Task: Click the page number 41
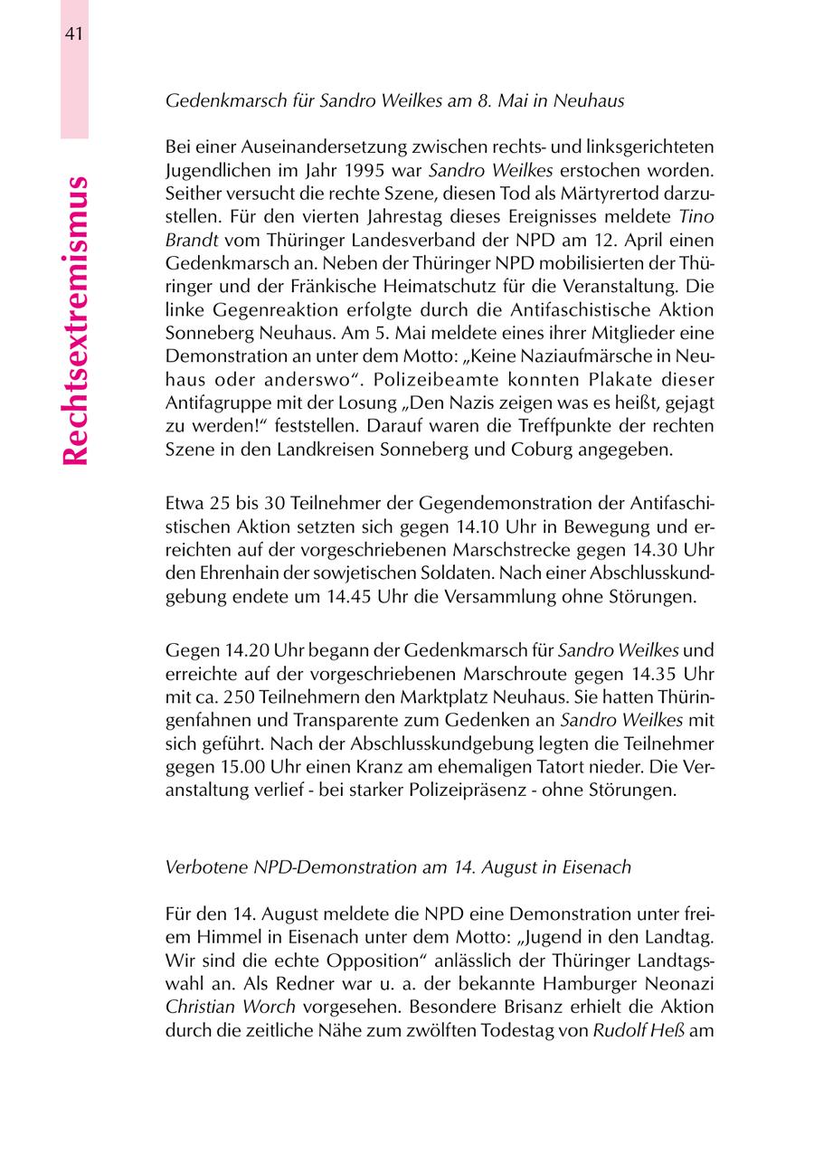pos(74,34)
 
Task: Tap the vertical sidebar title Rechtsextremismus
pos(76,321)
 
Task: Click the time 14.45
pos(326,595)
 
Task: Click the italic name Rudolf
pos(618,1031)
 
